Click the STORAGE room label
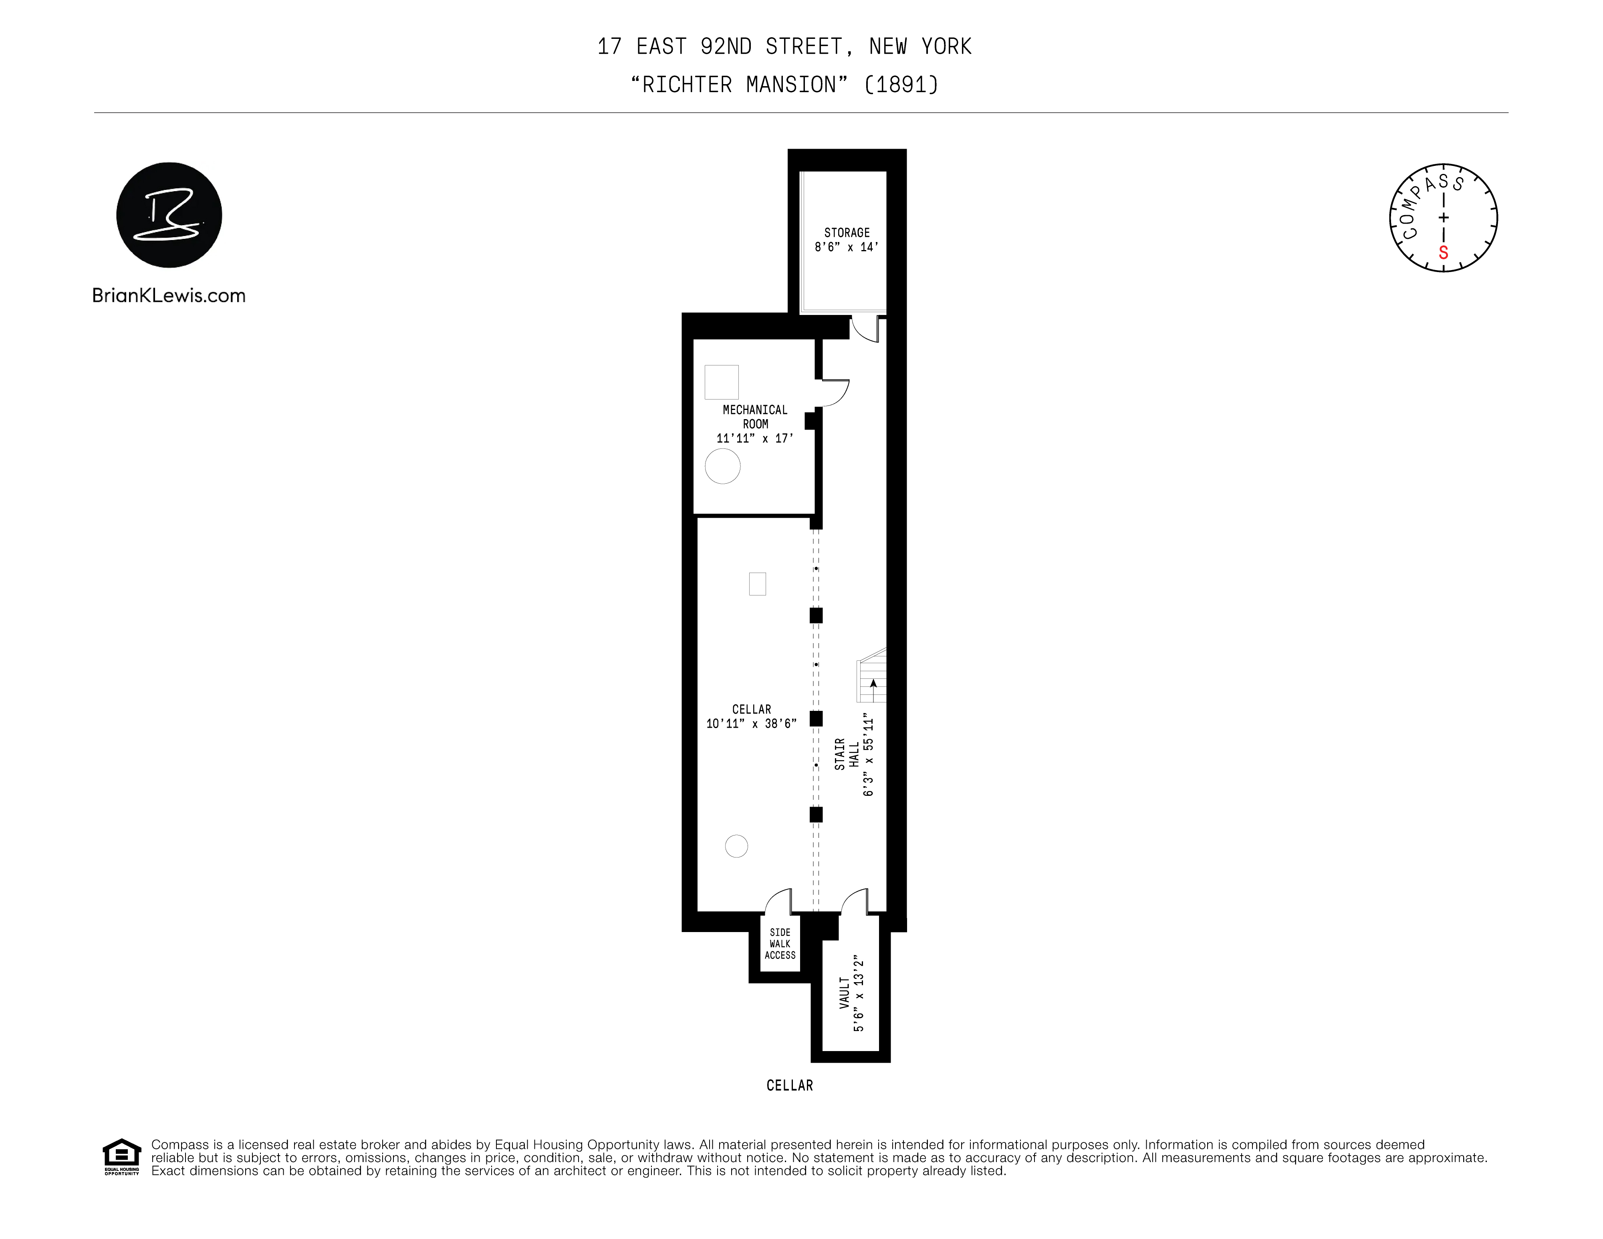(x=846, y=233)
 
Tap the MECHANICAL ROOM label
(x=754, y=417)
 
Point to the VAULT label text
(x=845, y=993)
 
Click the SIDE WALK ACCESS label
(x=780, y=944)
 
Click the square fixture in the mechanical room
(x=722, y=382)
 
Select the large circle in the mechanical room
(x=722, y=466)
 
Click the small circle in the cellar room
(x=736, y=846)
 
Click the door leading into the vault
(x=854, y=901)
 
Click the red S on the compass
(x=1443, y=253)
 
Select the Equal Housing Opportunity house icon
(x=121, y=1156)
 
